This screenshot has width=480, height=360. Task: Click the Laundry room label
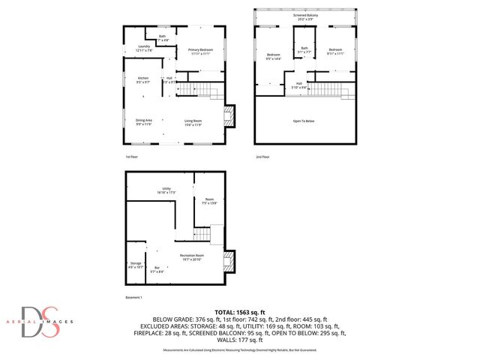pos(145,48)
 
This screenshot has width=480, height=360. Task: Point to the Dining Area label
pos(144,121)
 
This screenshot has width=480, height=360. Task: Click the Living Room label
pos(194,121)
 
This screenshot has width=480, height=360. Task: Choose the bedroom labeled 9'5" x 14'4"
pos(273,57)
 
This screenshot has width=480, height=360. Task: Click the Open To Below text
pos(304,121)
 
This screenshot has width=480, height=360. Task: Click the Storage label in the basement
pos(136,264)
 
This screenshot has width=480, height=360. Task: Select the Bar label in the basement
pos(157,269)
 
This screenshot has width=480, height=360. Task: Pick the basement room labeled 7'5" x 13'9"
pos(208,200)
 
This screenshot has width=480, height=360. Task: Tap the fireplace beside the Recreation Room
pos(229,261)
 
